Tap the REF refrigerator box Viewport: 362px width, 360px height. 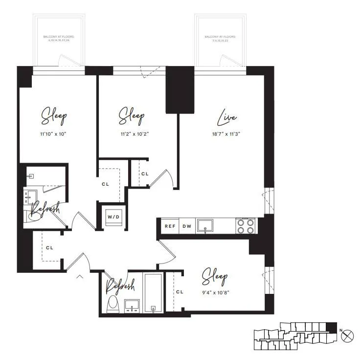pos(169,226)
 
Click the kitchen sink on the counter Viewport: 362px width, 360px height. pos(205,225)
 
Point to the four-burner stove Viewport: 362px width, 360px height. pos(246,225)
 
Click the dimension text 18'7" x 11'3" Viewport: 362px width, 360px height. pos(226,133)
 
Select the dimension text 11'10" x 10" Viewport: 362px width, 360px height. pos(54,133)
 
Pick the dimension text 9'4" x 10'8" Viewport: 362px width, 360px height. pos(215,293)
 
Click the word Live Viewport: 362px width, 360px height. pos(227,118)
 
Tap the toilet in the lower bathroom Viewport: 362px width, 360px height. pos(112,303)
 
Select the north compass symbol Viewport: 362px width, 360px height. pos(347,336)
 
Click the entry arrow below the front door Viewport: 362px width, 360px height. pos(80,278)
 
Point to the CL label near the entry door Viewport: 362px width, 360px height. pos(49,248)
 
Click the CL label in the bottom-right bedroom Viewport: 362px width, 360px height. pos(180,292)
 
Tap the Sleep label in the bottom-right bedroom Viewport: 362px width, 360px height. pos(215,278)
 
